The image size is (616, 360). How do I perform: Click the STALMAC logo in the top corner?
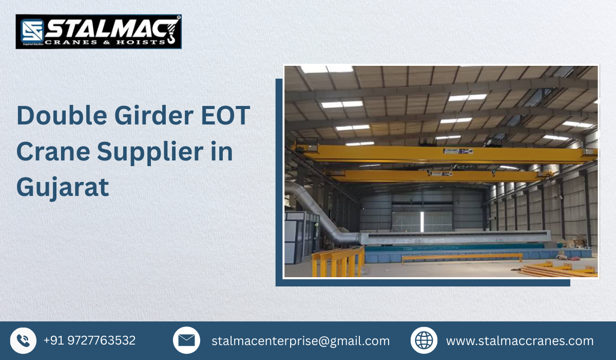(x=99, y=31)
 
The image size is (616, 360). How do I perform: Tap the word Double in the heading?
(x=61, y=116)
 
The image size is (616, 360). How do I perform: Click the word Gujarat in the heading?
(x=63, y=187)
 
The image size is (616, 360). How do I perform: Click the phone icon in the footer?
(x=23, y=340)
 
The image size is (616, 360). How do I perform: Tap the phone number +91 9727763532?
(x=90, y=340)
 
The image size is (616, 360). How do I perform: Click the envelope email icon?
(x=186, y=340)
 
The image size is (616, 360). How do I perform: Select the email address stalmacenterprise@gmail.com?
(x=300, y=341)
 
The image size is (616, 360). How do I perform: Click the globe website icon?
(x=424, y=340)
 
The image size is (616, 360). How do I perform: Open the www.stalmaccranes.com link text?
(x=519, y=341)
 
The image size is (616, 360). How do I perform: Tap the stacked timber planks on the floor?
(x=557, y=270)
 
